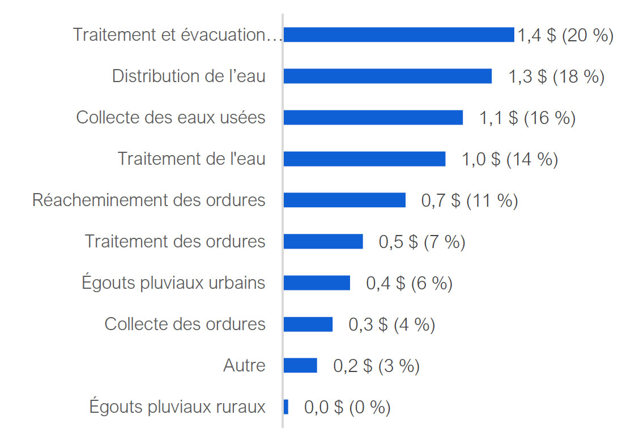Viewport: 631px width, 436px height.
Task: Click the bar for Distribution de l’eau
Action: click(387, 76)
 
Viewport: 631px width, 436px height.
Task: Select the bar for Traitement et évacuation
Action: click(399, 35)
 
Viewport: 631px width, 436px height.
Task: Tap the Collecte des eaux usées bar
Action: click(373, 118)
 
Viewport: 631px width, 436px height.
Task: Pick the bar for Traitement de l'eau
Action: click(364, 159)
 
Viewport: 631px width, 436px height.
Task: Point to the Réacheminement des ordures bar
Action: click(344, 200)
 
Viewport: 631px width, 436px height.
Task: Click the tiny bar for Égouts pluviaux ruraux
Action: click(286, 407)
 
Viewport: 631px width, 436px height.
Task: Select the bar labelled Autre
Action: click(300, 366)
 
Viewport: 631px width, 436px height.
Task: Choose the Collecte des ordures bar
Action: click(308, 324)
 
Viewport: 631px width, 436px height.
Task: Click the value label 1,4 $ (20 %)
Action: click(565, 35)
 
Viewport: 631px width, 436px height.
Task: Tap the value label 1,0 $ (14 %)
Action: click(510, 159)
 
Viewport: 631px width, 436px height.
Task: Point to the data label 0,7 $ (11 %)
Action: click(470, 200)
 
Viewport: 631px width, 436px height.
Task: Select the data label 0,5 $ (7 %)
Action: click(422, 242)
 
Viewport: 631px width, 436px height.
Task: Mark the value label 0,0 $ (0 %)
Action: click(347, 407)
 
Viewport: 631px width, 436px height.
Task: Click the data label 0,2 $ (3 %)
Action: click(376, 366)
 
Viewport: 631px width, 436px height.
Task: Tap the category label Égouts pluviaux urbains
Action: click(173, 283)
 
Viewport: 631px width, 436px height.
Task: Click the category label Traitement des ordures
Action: click(175, 241)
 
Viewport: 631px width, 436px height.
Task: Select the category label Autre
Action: click(244, 365)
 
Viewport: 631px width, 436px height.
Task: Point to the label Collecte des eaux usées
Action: click(170, 118)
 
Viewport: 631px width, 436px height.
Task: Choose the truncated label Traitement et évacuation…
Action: click(177, 35)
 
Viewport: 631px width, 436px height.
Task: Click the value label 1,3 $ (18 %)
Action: click(556, 76)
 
